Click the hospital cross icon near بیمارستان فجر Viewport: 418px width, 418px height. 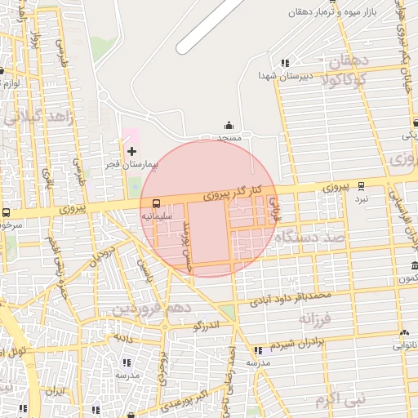[x=132, y=151]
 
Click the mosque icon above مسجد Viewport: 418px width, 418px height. [x=229, y=126]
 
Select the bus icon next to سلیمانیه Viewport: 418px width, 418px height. [x=156, y=205]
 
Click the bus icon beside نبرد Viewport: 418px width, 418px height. [x=361, y=186]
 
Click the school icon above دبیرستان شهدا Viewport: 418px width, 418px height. [x=284, y=63]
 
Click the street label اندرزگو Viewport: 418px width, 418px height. [x=207, y=327]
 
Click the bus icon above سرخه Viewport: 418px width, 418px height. [x=7, y=212]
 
